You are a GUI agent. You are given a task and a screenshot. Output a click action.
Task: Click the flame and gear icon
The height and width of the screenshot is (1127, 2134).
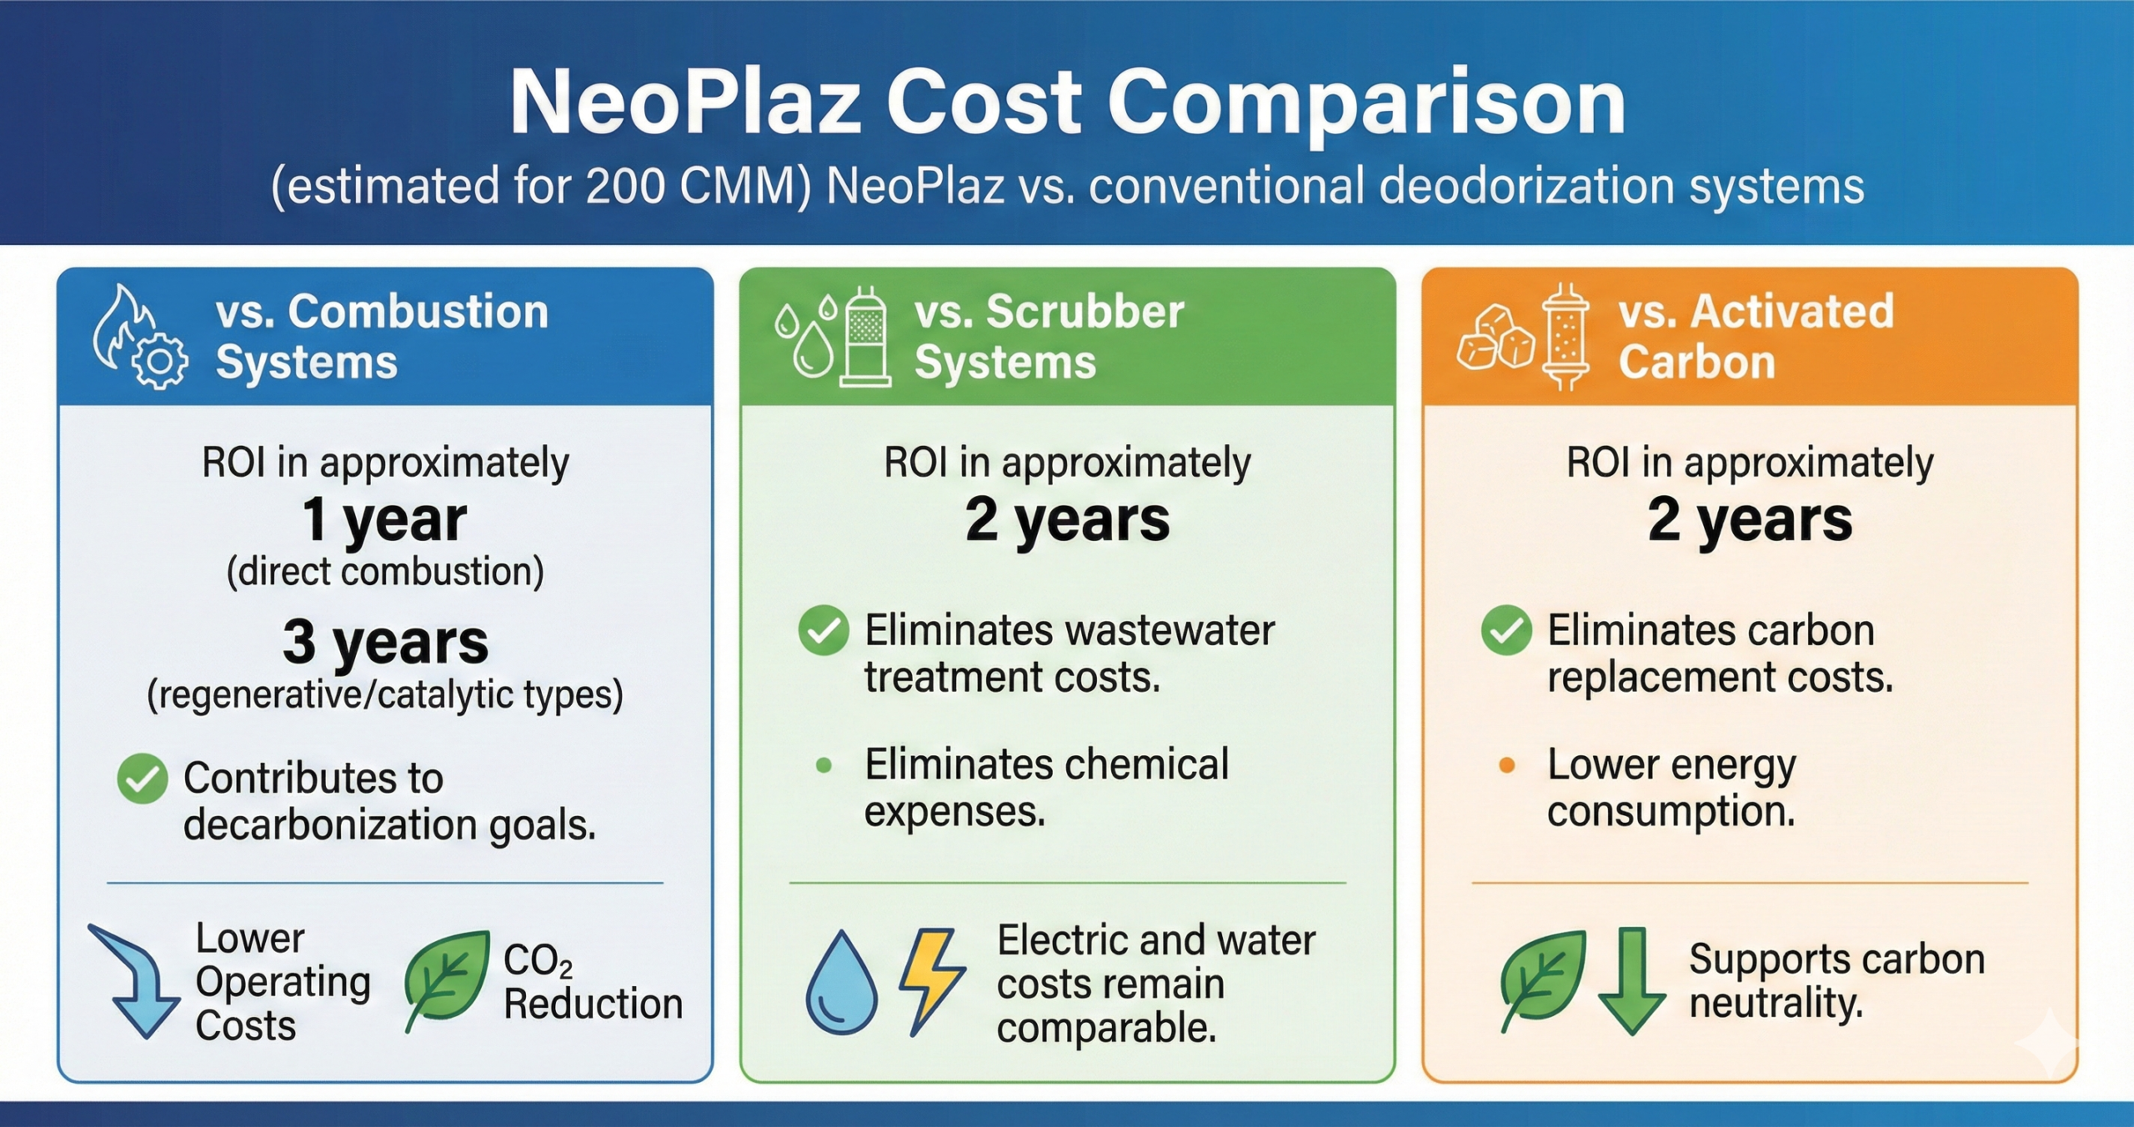pyautogui.click(x=138, y=338)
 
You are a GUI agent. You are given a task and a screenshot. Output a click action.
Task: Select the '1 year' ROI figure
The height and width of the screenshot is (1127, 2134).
pyautogui.click(x=384, y=519)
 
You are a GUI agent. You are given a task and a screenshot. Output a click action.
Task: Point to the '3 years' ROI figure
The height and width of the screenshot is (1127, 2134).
pyautogui.click(x=385, y=642)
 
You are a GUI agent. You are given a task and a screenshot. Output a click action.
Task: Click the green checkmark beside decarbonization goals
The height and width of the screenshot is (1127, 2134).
pyautogui.click(x=143, y=779)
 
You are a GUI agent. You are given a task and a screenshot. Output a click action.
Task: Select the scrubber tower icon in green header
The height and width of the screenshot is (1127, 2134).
pyautogui.click(x=864, y=337)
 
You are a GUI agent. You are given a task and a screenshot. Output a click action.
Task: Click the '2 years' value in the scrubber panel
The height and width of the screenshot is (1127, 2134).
pyautogui.click(x=1067, y=519)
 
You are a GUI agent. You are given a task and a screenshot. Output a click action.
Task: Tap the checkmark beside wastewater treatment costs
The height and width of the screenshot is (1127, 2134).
pyautogui.click(x=824, y=630)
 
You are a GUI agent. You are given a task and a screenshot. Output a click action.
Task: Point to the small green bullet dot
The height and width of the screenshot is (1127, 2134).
pyautogui.click(x=824, y=765)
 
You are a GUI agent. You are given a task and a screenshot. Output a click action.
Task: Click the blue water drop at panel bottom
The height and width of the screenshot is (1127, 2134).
pyautogui.click(x=841, y=984)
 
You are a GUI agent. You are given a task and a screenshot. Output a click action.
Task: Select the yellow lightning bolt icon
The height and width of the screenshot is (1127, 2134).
pyautogui.click(x=931, y=980)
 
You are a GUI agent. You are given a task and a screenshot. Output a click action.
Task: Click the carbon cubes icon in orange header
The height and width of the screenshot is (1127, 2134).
pyautogui.click(x=1495, y=338)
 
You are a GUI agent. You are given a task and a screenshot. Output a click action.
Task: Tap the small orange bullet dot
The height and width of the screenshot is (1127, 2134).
pyautogui.click(x=1506, y=765)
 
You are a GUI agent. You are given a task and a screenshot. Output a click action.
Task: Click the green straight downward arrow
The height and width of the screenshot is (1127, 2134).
pyautogui.click(x=1631, y=980)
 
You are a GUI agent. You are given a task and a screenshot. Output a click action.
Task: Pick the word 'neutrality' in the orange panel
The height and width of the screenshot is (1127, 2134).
pyautogui.click(x=1776, y=1004)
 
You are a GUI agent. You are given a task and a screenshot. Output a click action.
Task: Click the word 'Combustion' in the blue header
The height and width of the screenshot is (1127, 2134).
pyautogui.click(x=418, y=312)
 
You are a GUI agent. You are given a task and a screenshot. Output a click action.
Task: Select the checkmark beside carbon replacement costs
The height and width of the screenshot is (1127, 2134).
pyautogui.click(x=1506, y=630)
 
